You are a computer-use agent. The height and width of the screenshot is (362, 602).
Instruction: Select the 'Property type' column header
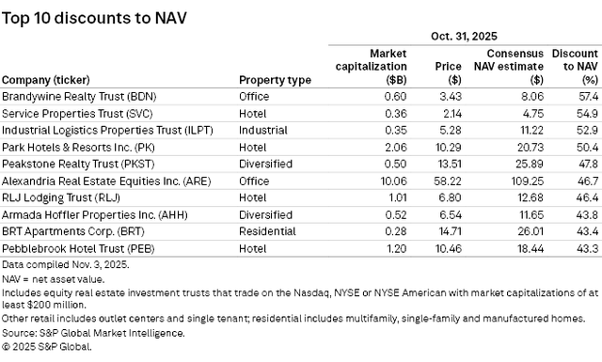point(275,80)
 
